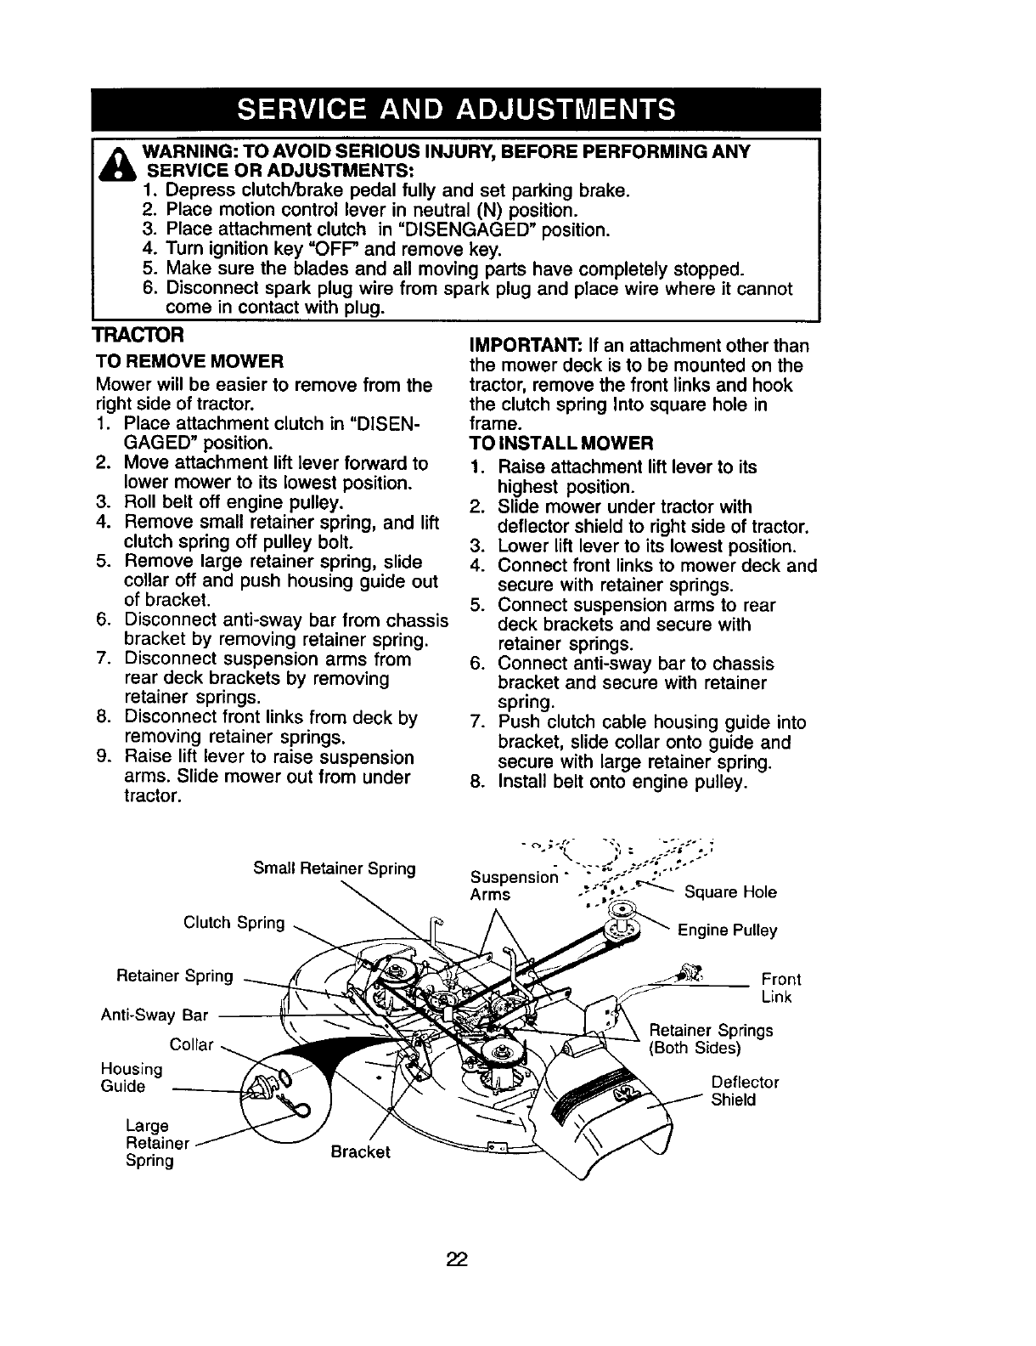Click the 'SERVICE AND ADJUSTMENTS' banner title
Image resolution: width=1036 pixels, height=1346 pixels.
click(x=458, y=110)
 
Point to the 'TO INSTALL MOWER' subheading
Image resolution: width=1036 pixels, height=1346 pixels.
click(x=560, y=444)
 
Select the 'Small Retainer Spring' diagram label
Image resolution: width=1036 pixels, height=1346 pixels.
click(x=335, y=868)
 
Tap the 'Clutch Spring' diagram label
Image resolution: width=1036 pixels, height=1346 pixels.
click(x=234, y=922)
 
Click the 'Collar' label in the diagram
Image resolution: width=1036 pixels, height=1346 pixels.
click(x=191, y=1043)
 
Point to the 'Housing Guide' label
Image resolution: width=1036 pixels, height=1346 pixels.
click(x=124, y=1077)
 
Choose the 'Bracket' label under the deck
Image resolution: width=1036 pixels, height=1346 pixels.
click(x=360, y=1151)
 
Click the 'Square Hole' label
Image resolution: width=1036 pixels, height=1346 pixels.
click(x=730, y=891)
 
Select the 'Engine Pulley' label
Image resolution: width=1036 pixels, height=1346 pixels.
click(x=727, y=930)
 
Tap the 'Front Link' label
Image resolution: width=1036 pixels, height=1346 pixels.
click(x=780, y=987)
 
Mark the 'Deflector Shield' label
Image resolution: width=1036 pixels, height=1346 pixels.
click(x=745, y=1091)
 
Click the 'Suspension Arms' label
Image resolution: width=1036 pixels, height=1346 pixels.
click(x=513, y=885)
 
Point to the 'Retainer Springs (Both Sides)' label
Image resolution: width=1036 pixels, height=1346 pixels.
click(x=711, y=1038)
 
